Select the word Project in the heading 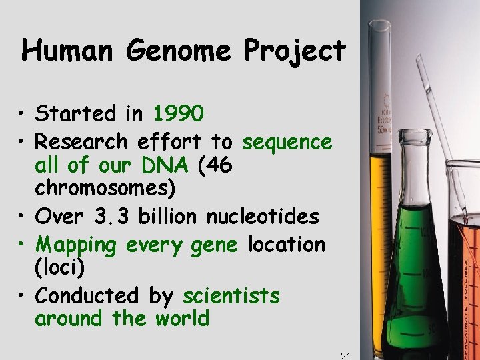pyautogui.click(x=295, y=51)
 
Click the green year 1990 pyautogui.click(x=178, y=114)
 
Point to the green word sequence pyautogui.click(x=287, y=142)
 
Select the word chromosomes pyautogui.click(x=105, y=189)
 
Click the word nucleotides pyautogui.click(x=263, y=217)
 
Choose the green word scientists pyautogui.click(x=231, y=295)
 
